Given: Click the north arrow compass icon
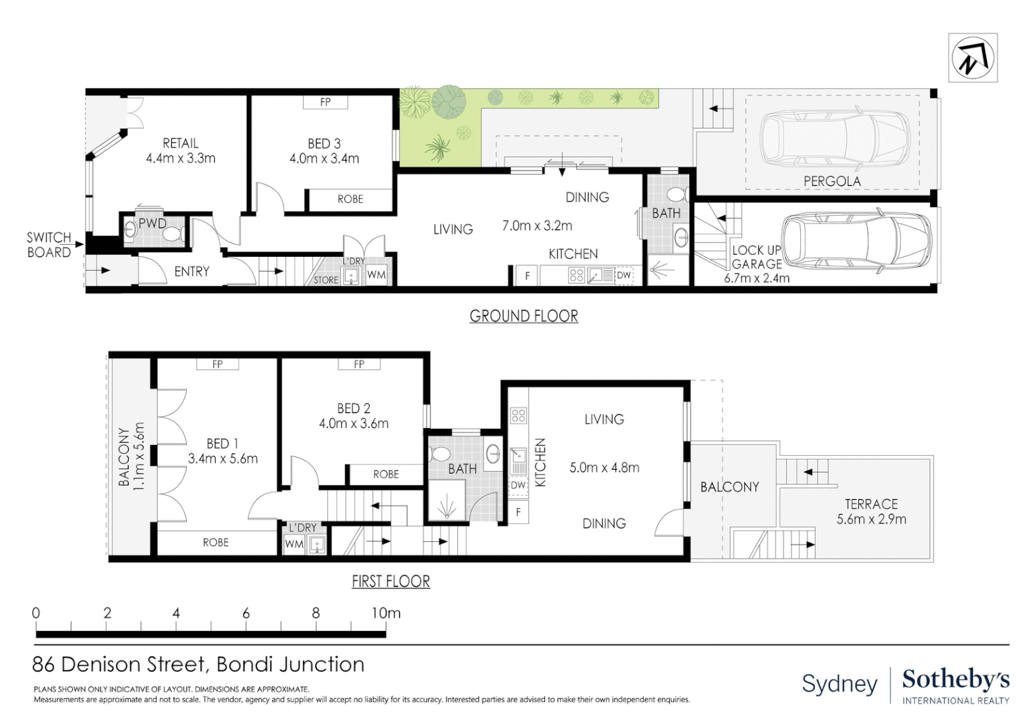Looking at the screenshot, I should tap(972, 58).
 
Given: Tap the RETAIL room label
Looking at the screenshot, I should tap(180, 143).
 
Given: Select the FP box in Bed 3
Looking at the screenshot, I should tap(325, 102).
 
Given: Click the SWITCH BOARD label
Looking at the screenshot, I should tap(49, 245).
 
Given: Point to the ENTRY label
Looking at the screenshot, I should tap(192, 272).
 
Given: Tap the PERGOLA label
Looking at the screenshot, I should tap(832, 181).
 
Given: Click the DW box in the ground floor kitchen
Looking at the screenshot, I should tap(624, 275).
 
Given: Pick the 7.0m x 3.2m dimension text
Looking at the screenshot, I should tap(537, 226).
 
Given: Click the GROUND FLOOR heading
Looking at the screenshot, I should tap(524, 316).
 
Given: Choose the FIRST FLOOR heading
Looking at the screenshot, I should tap(391, 582).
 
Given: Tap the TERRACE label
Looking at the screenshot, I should tap(871, 504).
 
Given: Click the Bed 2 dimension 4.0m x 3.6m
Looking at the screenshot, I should tap(354, 424).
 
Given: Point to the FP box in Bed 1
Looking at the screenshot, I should tap(217, 364).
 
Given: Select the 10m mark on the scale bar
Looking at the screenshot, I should tap(386, 613).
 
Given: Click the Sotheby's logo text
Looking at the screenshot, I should tap(955, 679).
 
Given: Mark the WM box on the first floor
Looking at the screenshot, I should tap(294, 543).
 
